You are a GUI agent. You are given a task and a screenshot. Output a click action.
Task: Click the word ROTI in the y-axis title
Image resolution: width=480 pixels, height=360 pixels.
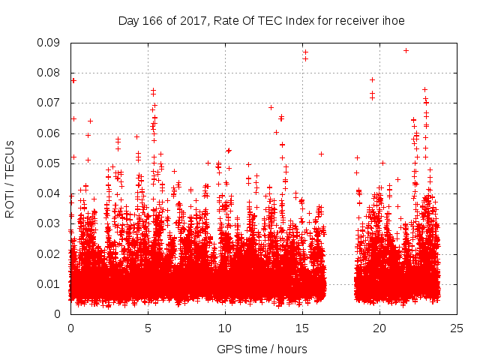pyautogui.click(x=9, y=205)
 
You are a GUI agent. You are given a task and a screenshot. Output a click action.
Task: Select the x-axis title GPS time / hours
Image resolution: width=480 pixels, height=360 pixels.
pyautogui.click(x=262, y=349)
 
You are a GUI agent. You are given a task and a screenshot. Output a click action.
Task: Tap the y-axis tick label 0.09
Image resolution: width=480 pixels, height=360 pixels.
pyautogui.click(x=52, y=43)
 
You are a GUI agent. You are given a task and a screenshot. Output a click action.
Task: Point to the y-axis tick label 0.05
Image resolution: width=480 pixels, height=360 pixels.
pyautogui.click(x=52, y=163)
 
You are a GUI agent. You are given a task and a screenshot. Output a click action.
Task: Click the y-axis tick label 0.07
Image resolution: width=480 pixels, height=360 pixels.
pyautogui.click(x=52, y=103)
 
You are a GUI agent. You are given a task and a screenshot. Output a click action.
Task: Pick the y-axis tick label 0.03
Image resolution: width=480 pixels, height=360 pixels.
pyautogui.click(x=52, y=223)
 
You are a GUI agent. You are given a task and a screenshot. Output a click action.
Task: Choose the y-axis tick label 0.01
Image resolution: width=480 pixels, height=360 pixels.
pyautogui.click(x=52, y=283)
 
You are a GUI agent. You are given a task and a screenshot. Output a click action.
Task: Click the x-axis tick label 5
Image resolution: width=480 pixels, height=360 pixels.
pyautogui.click(x=148, y=328)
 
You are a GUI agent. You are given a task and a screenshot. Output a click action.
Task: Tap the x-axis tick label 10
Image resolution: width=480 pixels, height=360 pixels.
pyautogui.click(x=225, y=328)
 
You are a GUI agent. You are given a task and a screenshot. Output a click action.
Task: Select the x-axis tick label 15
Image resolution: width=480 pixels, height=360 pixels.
pyautogui.click(x=302, y=328)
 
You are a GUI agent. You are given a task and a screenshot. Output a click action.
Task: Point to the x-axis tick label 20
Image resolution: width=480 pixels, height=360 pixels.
pyautogui.click(x=379, y=328)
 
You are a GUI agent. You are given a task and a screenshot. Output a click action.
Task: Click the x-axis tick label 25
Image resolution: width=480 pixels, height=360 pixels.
pyautogui.click(x=457, y=328)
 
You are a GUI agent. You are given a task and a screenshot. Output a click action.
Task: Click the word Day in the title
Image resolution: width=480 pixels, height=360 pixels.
pyautogui.click(x=128, y=20)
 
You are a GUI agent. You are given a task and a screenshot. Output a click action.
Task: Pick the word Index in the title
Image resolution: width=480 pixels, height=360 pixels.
pyautogui.click(x=300, y=20)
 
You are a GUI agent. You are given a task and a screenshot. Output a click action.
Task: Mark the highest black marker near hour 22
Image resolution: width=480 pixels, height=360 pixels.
pyautogui.click(x=406, y=50)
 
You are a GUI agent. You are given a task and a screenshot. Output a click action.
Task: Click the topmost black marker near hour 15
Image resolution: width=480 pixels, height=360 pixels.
pyautogui.click(x=305, y=52)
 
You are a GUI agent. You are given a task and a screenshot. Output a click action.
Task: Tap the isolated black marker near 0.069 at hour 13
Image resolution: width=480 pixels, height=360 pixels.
pyautogui.click(x=271, y=106)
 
